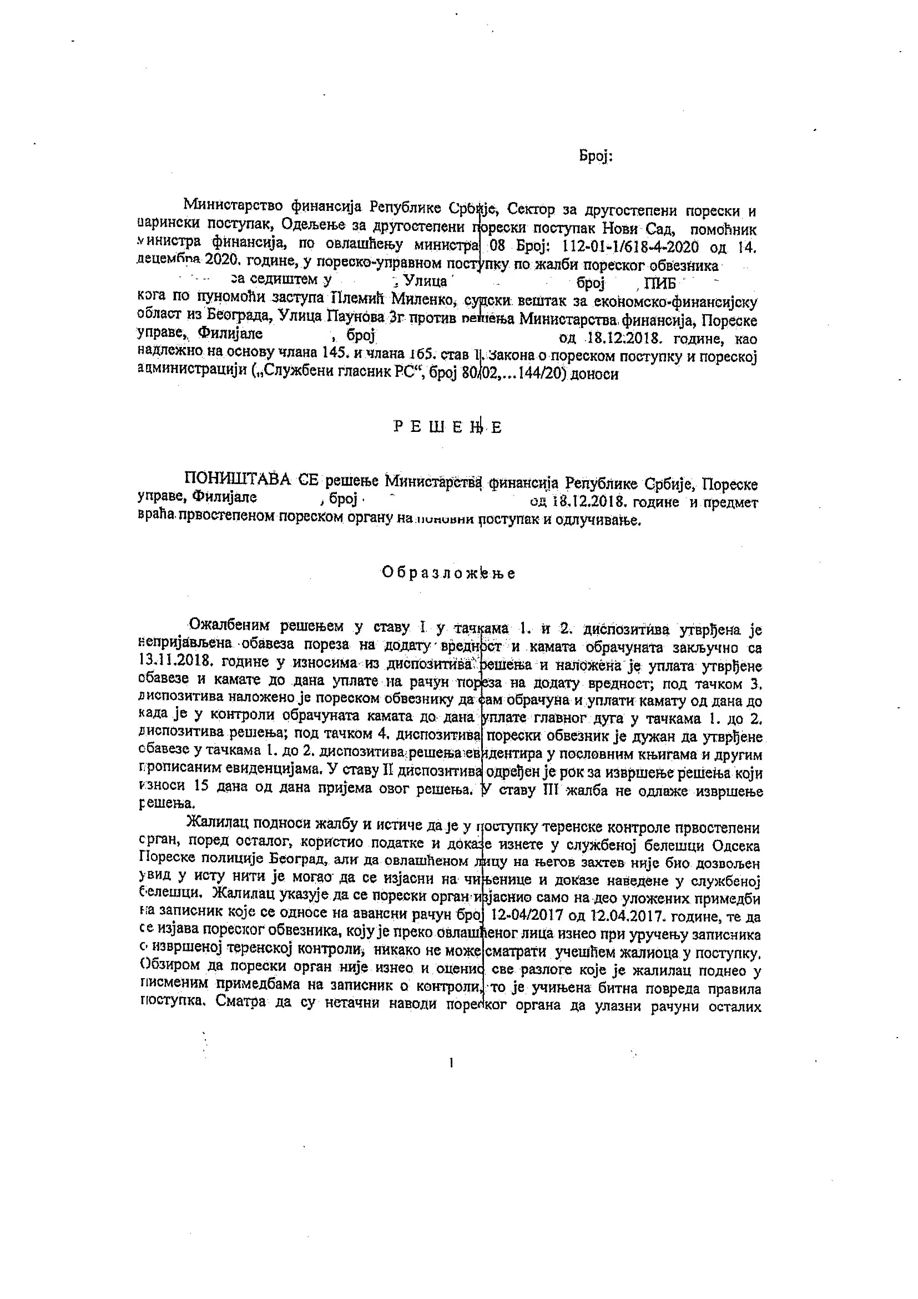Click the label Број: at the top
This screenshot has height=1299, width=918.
click(x=596, y=156)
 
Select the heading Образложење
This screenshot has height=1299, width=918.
click(x=448, y=572)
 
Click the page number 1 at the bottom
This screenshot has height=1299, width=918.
click(x=451, y=1064)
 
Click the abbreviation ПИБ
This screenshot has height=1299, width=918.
click(x=664, y=282)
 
